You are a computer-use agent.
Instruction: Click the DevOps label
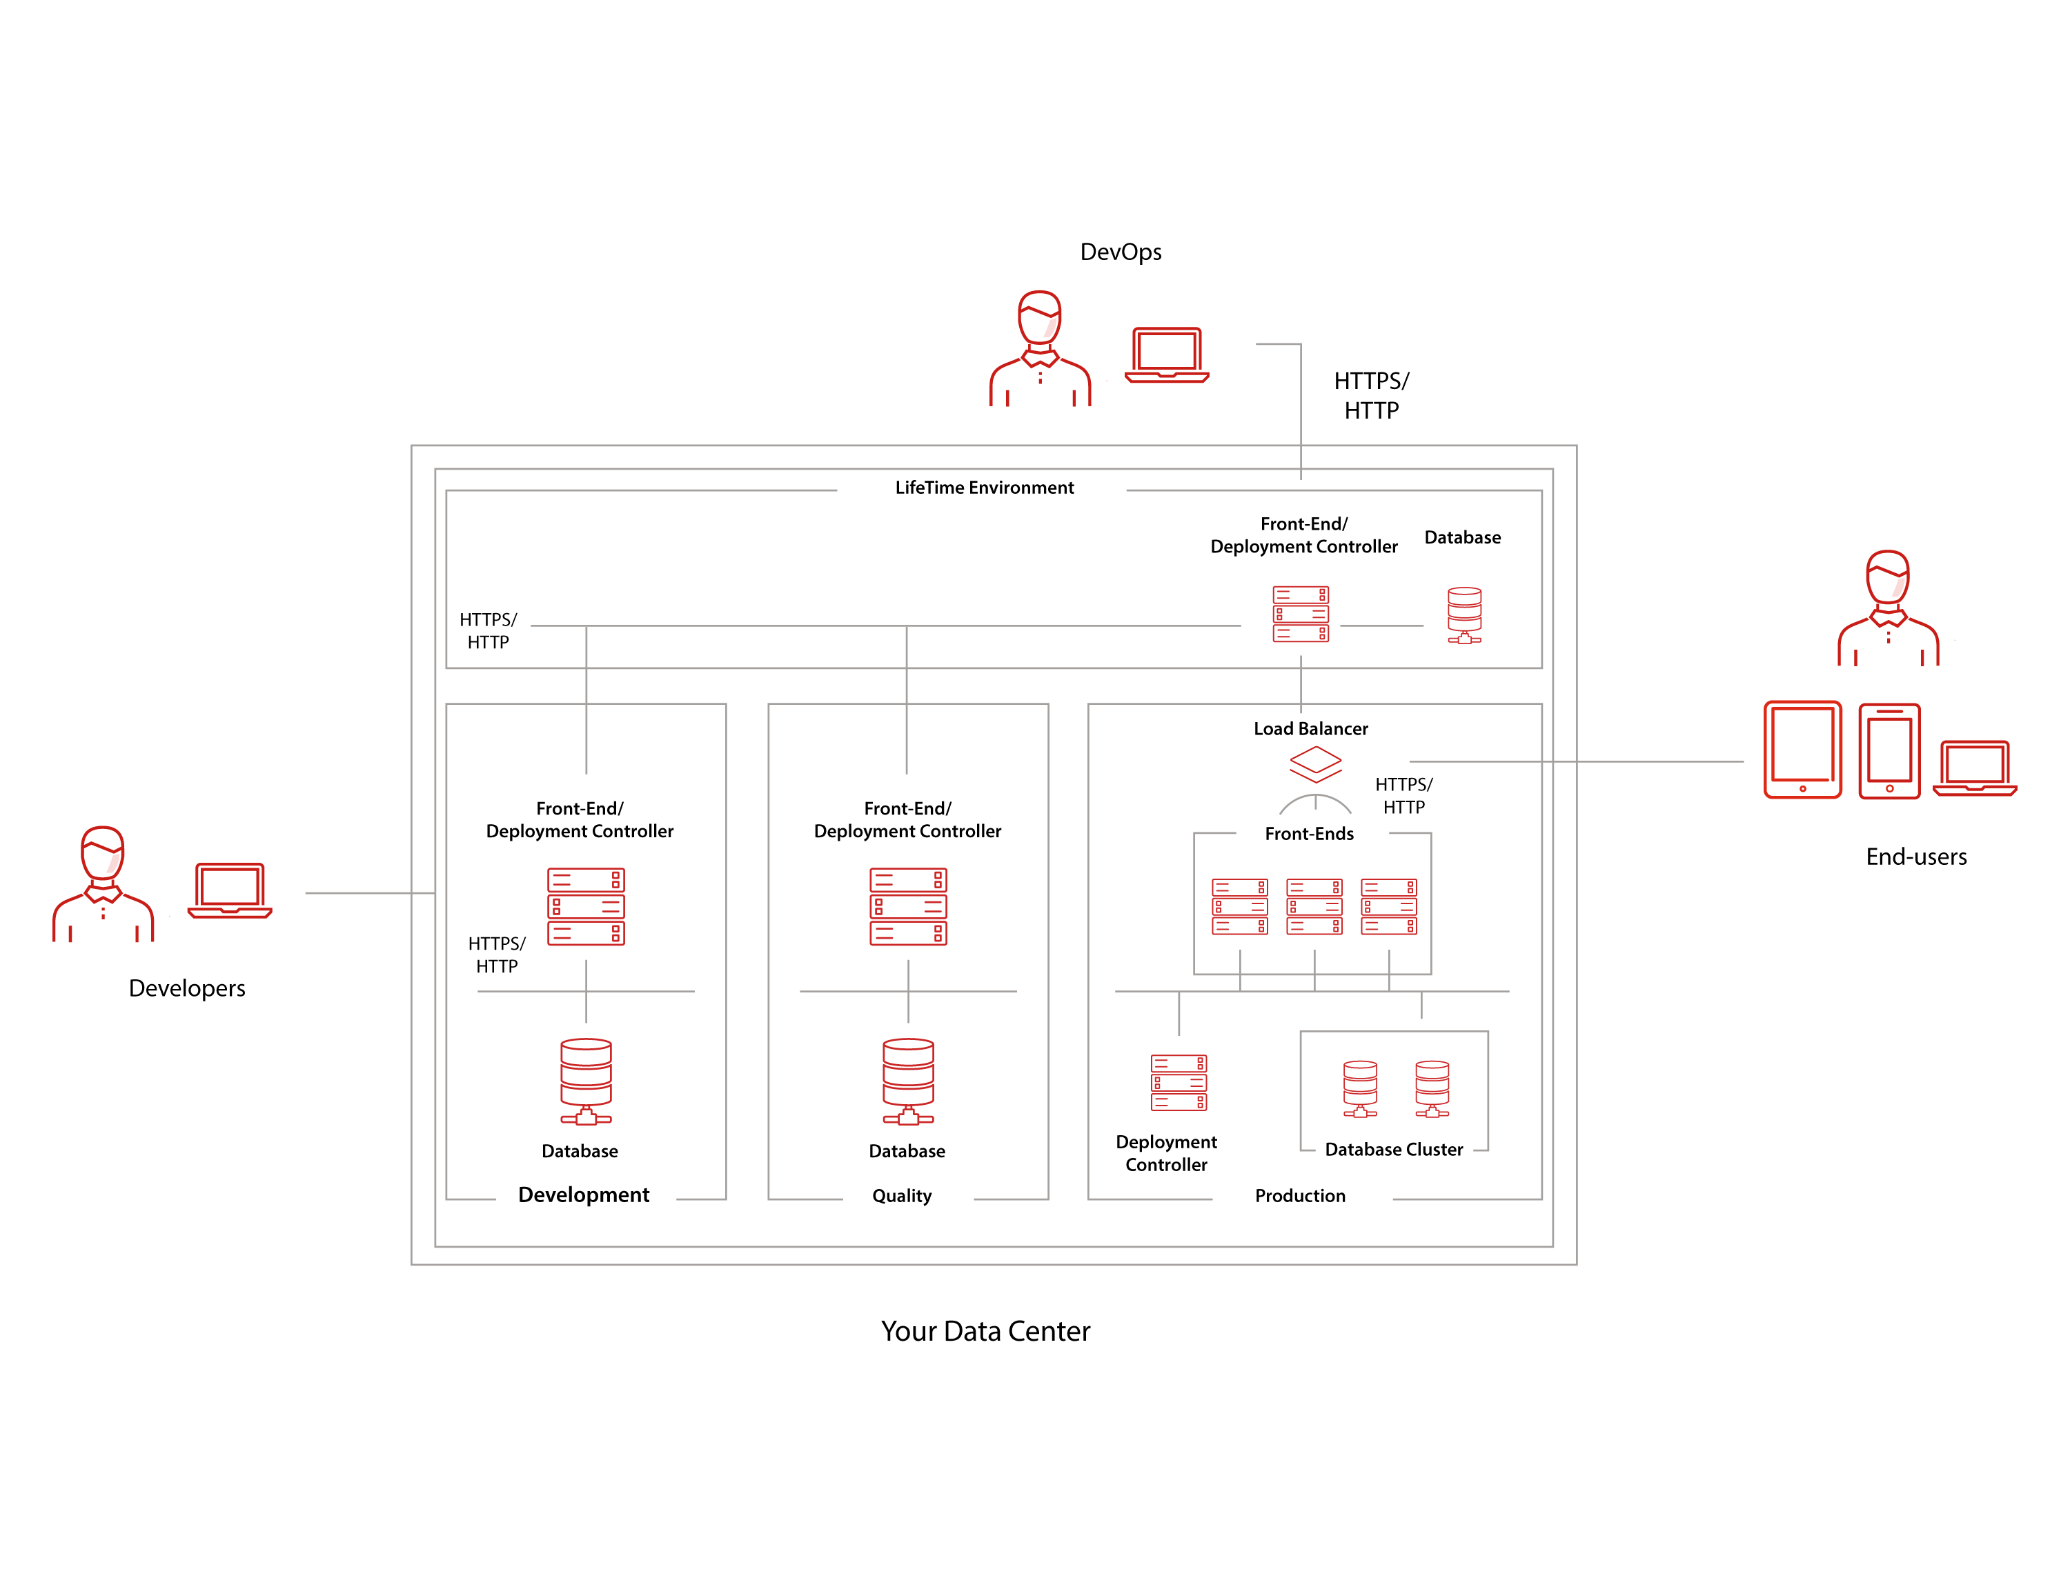[x=1120, y=252]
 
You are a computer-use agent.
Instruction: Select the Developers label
[x=186, y=988]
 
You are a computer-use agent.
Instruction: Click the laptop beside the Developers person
[x=229, y=890]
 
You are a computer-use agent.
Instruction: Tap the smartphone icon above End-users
[x=1889, y=751]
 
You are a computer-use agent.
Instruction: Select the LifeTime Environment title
[x=984, y=487]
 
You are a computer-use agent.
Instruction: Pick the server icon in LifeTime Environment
[x=1300, y=614]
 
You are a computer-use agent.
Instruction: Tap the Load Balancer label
[x=1310, y=728]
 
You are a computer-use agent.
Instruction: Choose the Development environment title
[x=584, y=1195]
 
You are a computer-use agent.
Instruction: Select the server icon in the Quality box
[x=907, y=906]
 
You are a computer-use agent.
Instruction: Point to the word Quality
[x=902, y=1195]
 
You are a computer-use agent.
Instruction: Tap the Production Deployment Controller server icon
[x=1178, y=1082]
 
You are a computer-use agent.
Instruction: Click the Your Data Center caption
[x=985, y=1331]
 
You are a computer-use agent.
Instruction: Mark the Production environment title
[x=1300, y=1195]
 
